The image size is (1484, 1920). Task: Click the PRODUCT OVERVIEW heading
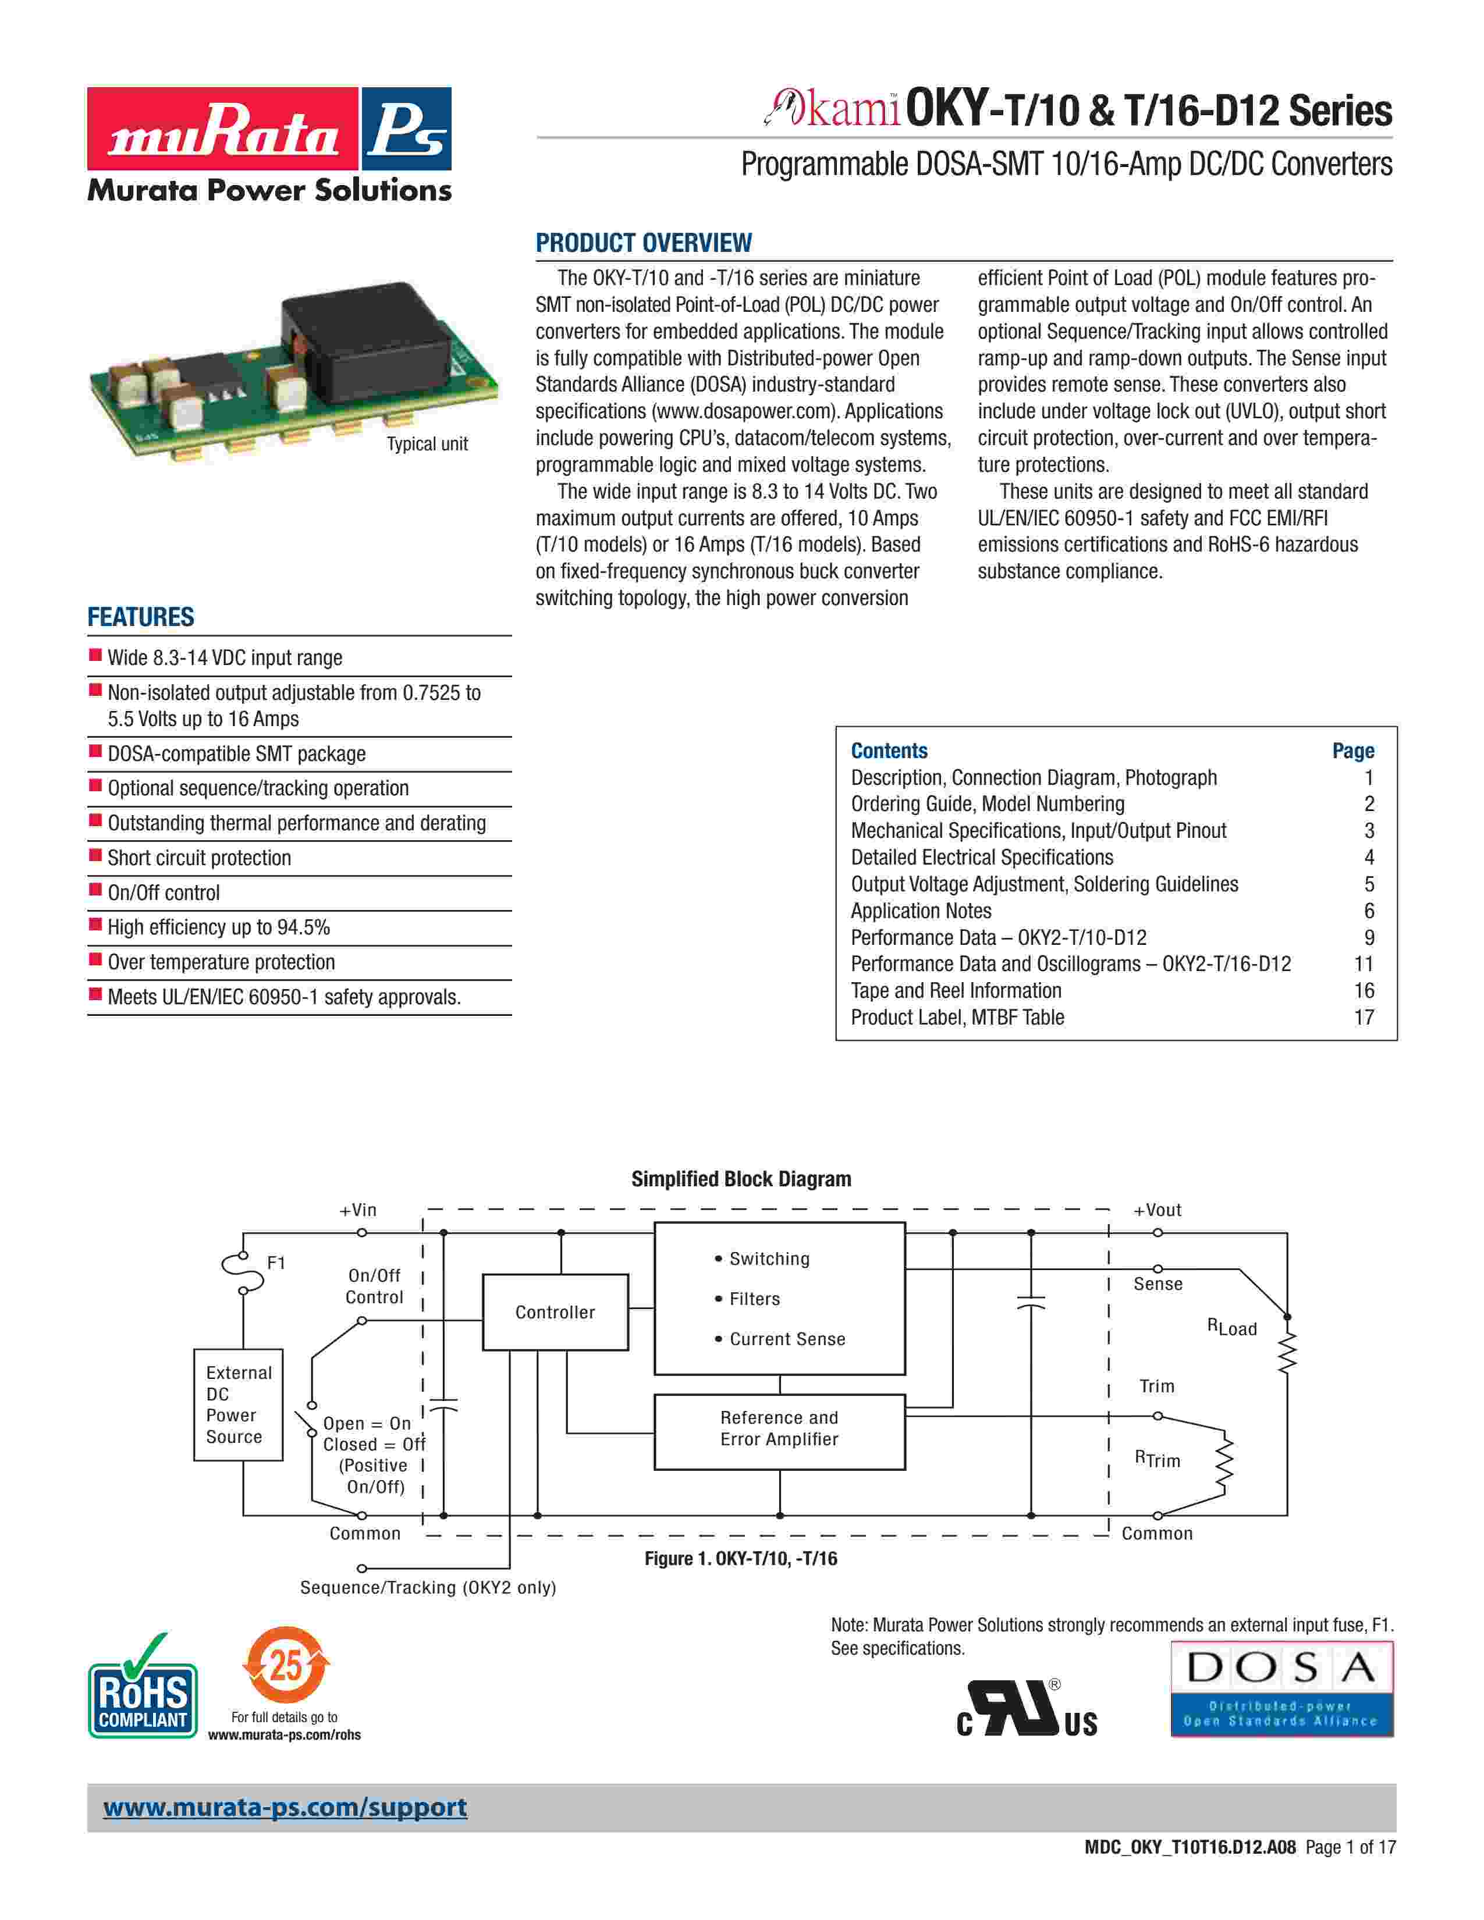[x=644, y=243]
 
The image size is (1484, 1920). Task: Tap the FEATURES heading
[x=141, y=617]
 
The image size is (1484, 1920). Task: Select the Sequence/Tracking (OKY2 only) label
[x=428, y=1587]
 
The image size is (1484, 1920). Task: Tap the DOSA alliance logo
[x=1282, y=1688]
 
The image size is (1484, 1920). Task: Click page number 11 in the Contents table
[x=1364, y=965]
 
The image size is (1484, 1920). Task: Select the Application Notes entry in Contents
[x=921, y=911]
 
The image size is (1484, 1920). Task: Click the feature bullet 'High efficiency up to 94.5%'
[x=218, y=927]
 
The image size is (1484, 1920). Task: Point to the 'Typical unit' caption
[x=427, y=444]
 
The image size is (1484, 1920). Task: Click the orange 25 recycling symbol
[x=285, y=1666]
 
